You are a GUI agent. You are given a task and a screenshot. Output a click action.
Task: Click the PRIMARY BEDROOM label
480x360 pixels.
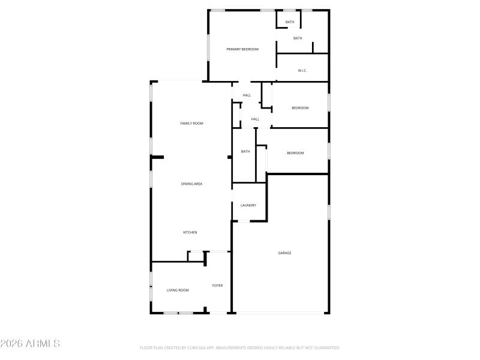242,49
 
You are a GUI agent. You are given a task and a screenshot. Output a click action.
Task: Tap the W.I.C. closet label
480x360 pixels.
302,71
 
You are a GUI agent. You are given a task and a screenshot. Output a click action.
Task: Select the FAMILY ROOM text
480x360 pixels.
192,123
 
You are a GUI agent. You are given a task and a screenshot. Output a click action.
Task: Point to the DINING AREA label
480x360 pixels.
191,184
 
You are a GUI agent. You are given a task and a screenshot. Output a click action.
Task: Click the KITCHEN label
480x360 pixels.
190,232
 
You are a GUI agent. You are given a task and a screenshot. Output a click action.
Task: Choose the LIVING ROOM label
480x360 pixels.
178,290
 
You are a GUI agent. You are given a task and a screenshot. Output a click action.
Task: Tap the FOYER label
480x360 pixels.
217,286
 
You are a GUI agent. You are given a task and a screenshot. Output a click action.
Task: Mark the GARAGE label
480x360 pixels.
284,253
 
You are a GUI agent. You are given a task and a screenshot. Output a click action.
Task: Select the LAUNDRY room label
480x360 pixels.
248,205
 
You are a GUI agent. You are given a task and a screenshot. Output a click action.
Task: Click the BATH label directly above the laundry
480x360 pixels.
245,151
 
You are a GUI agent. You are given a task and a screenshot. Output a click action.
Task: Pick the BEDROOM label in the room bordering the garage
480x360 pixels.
295,153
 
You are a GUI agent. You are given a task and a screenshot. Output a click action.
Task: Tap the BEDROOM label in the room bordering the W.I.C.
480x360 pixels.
300,108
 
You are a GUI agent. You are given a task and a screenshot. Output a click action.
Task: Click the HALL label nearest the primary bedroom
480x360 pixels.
247,95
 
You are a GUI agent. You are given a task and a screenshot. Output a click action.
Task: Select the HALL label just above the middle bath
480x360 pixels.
255,119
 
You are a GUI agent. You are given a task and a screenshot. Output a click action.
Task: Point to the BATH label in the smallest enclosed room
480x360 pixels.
290,22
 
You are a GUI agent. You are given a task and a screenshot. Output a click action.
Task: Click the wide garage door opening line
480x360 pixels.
281,313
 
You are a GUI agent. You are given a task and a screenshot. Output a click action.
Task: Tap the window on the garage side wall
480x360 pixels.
329,212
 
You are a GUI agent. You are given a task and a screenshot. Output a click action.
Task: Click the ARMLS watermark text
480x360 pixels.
30,344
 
